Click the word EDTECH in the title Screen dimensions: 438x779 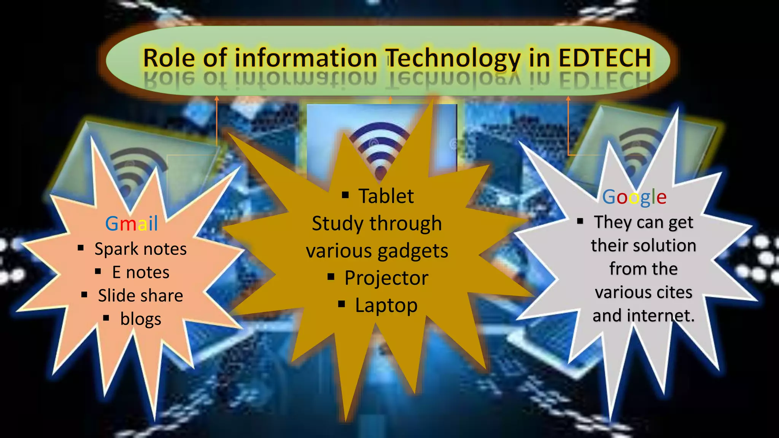[x=605, y=58]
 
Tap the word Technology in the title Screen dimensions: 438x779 [x=453, y=59]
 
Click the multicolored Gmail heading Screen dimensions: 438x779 [x=131, y=224]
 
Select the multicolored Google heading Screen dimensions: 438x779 [x=634, y=197]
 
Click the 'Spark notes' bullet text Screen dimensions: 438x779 [x=140, y=249]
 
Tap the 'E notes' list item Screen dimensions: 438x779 [x=140, y=272]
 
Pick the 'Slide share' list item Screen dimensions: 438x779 [x=140, y=295]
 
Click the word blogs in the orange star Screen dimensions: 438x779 [x=140, y=319]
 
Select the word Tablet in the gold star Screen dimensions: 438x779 [x=386, y=196]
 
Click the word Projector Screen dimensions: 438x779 [x=386, y=278]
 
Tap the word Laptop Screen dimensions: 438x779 [x=386, y=305]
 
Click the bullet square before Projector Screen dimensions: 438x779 [x=331, y=277]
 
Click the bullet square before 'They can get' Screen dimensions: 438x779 [x=580, y=221]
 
